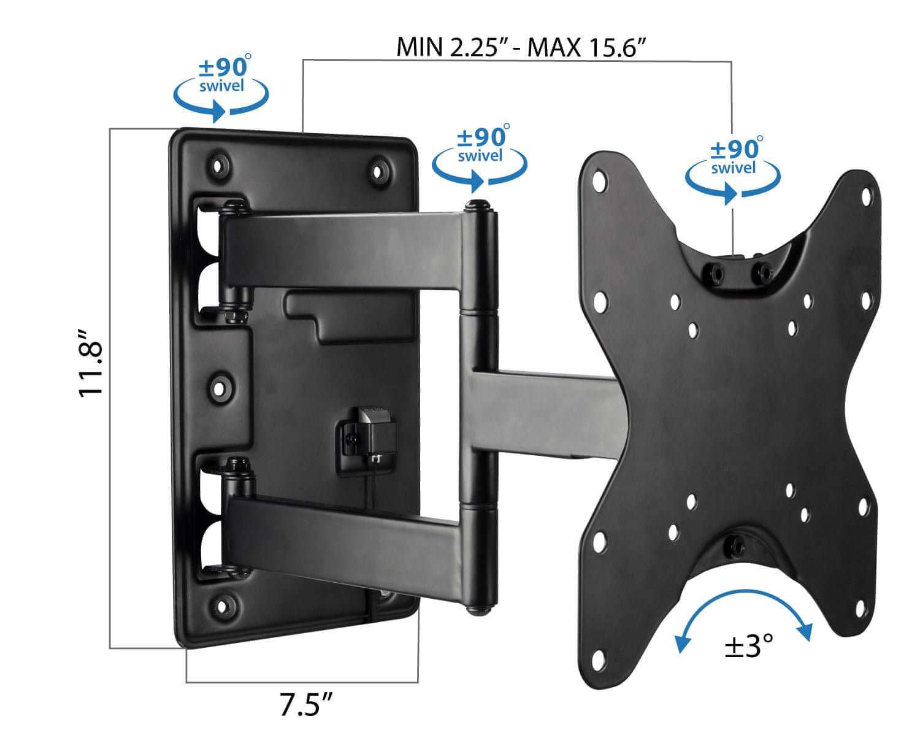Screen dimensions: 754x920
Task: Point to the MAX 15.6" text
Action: click(588, 47)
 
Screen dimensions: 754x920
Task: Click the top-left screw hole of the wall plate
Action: click(217, 164)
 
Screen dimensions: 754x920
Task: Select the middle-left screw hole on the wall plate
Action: click(218, 387)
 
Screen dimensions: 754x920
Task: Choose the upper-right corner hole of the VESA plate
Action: click(866, 196)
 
